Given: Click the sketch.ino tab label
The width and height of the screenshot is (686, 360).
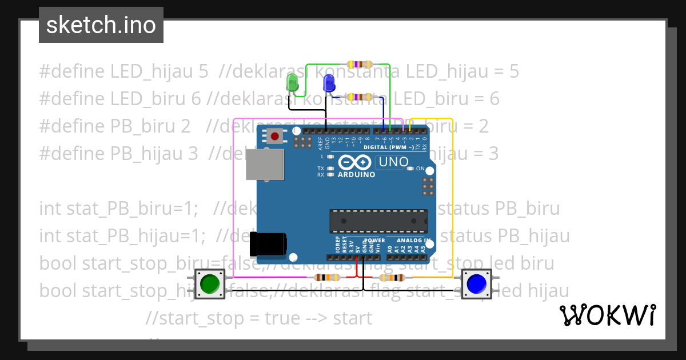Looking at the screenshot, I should pos(101,25).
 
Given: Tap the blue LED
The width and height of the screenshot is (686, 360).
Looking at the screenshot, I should pos(329,85).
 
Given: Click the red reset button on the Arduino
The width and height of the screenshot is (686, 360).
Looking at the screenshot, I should pos(276,137).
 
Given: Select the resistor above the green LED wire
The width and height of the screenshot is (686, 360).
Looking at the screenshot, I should pos(360,65).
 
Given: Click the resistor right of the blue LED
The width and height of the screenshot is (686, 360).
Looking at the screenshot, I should pos(360,98).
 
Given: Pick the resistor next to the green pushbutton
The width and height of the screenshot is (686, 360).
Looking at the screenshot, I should pos(324,278).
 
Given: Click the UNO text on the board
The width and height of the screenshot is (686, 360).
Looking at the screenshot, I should pos(395,162).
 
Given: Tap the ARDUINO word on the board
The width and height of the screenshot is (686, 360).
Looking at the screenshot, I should pos(356,174).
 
